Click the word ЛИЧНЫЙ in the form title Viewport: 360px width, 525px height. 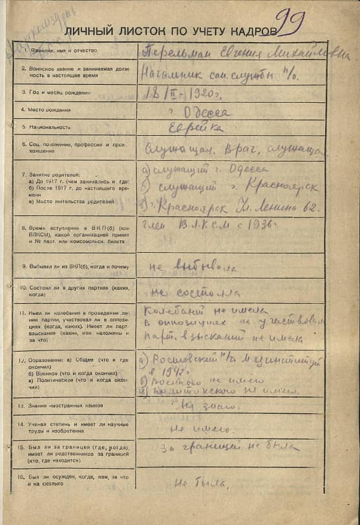click(x=87, y=30)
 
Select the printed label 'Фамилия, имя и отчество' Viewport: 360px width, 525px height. click(x=59, y=50)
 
